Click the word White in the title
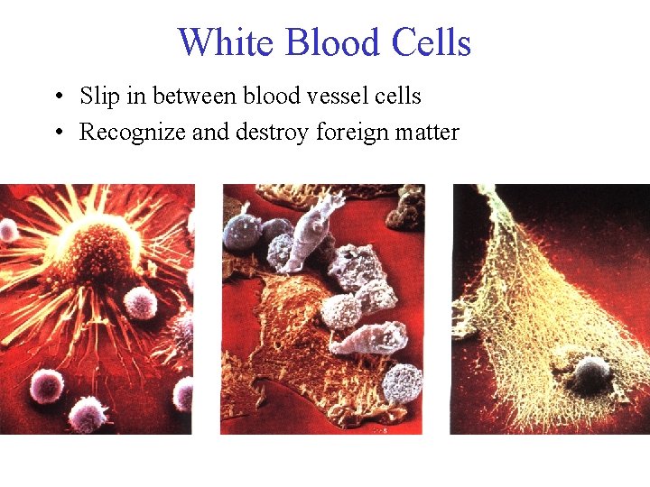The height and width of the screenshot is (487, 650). (x=220, y=42)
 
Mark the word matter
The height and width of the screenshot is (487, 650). (x=429, y=133)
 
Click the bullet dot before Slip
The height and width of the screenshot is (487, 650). (x=57, y=96)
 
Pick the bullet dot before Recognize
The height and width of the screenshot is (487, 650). (x=57, y=133)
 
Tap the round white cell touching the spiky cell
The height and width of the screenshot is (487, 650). (x=140, y=302)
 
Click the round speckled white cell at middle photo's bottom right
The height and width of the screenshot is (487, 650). (x=402, y=383)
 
